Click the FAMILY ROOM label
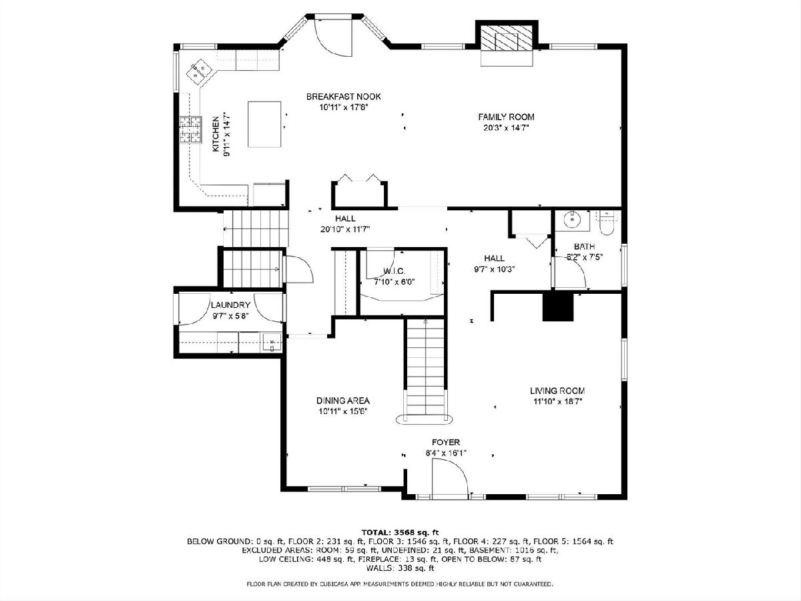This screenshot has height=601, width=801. click(506, 117)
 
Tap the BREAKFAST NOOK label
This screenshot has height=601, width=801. click(343, 97)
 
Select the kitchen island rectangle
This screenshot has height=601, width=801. click(264, 124)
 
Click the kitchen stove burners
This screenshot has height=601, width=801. click(190, 130)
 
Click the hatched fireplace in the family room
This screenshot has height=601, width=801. click(507, 37)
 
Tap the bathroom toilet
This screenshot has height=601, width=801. click(607, 223)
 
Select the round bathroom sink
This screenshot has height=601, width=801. click(572, 220)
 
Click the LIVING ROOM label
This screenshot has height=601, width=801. click(557, 391)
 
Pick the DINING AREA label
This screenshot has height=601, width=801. click(343, 401)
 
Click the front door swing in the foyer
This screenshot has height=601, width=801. click(450, 478)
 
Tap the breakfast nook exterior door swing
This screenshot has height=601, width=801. click(333, 37)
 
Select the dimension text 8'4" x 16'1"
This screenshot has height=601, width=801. click(446, 453)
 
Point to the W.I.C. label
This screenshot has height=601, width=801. click(394, 271)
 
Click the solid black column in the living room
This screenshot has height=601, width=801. click(558, 307)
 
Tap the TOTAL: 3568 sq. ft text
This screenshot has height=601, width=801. click(400, 532)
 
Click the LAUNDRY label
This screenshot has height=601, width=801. click(231, 305)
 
